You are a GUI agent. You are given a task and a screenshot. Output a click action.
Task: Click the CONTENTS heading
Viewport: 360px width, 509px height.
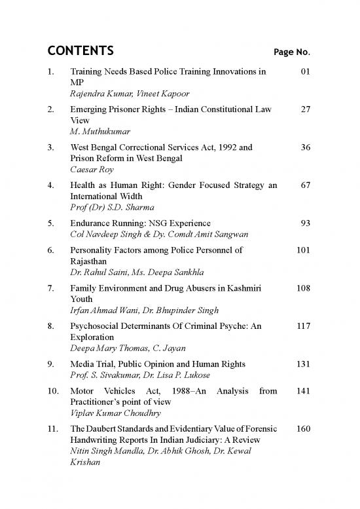81,51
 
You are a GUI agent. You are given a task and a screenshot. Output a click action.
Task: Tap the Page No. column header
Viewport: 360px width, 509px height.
291,52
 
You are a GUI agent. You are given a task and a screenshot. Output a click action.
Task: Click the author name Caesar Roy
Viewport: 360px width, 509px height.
91,169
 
